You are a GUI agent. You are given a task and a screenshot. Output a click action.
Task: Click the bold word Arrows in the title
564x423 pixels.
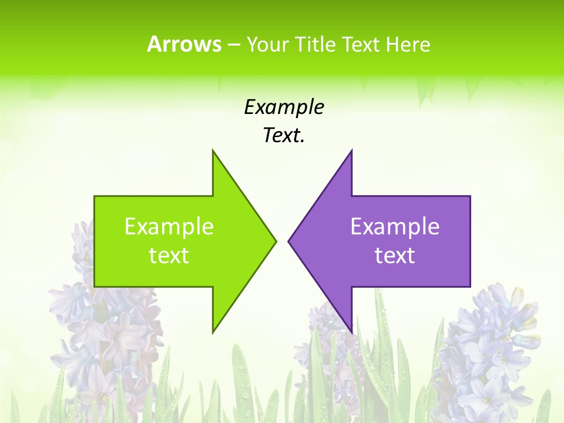pyautogui.click(x=184, y=44)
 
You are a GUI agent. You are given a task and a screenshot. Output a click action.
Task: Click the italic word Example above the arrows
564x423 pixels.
pyautogui.click(x=284, y=108)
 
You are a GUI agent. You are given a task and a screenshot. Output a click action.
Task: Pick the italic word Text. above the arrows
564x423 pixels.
pyautogui.click(x=284, y=136)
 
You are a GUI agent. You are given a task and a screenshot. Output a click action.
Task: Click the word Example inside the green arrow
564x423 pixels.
pyautogui.click(x=169, y=226)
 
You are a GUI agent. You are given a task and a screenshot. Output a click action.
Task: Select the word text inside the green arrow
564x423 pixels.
pyautogui.click(x=169, y=255)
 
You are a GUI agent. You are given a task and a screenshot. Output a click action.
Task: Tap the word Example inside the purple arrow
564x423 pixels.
pyautogui.click(x=395, y=226)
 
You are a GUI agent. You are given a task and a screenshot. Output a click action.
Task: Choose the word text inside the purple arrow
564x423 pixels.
pyautogui.click(x=395, y=255)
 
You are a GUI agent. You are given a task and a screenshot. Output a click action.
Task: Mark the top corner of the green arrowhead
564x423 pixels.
pyautogui.click(x=213, y=151)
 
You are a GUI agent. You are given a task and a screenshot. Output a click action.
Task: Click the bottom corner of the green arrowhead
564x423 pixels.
pyautogui.click(x=213, y=332)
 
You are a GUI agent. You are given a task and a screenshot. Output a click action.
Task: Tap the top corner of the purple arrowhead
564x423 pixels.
pyautogui.click(x=351, y=151)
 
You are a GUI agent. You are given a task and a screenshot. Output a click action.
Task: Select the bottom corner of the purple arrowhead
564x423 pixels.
pyautogui.click(x=351, y=332)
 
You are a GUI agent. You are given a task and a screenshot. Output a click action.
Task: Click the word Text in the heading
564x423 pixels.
pyautogui.click(x=361, y=44)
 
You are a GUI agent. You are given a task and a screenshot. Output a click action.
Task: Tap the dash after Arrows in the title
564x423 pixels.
pyautogui.click(x=233, y=45)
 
